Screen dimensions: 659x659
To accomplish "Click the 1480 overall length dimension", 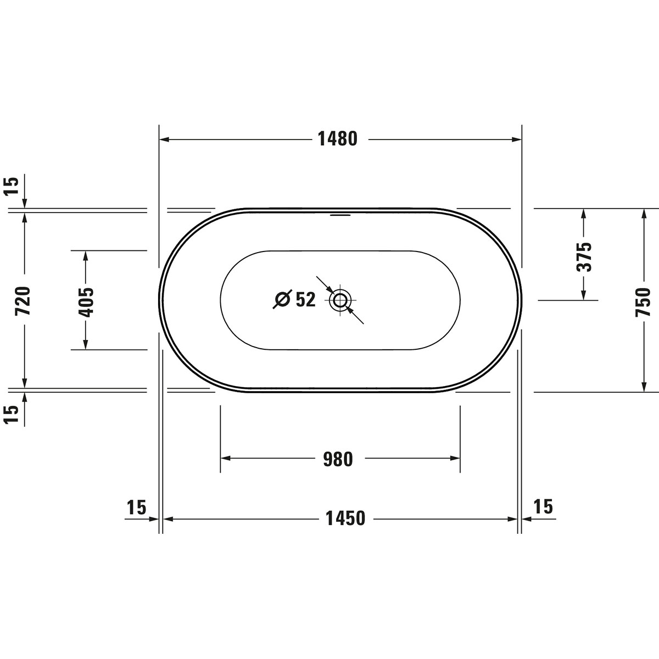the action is [338, 139].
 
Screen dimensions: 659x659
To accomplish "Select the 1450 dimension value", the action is [345, 518].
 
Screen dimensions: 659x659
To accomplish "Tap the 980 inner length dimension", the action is [338, 459].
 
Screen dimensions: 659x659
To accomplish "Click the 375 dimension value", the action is [584, 257].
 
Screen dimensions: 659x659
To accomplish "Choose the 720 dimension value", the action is [23, 301].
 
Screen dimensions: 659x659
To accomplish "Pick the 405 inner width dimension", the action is [86, 302].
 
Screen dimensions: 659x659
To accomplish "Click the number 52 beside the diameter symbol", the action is [305, 300].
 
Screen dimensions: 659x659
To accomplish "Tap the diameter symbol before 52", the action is [282, 299].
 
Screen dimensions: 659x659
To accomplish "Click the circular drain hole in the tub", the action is [340, 300].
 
